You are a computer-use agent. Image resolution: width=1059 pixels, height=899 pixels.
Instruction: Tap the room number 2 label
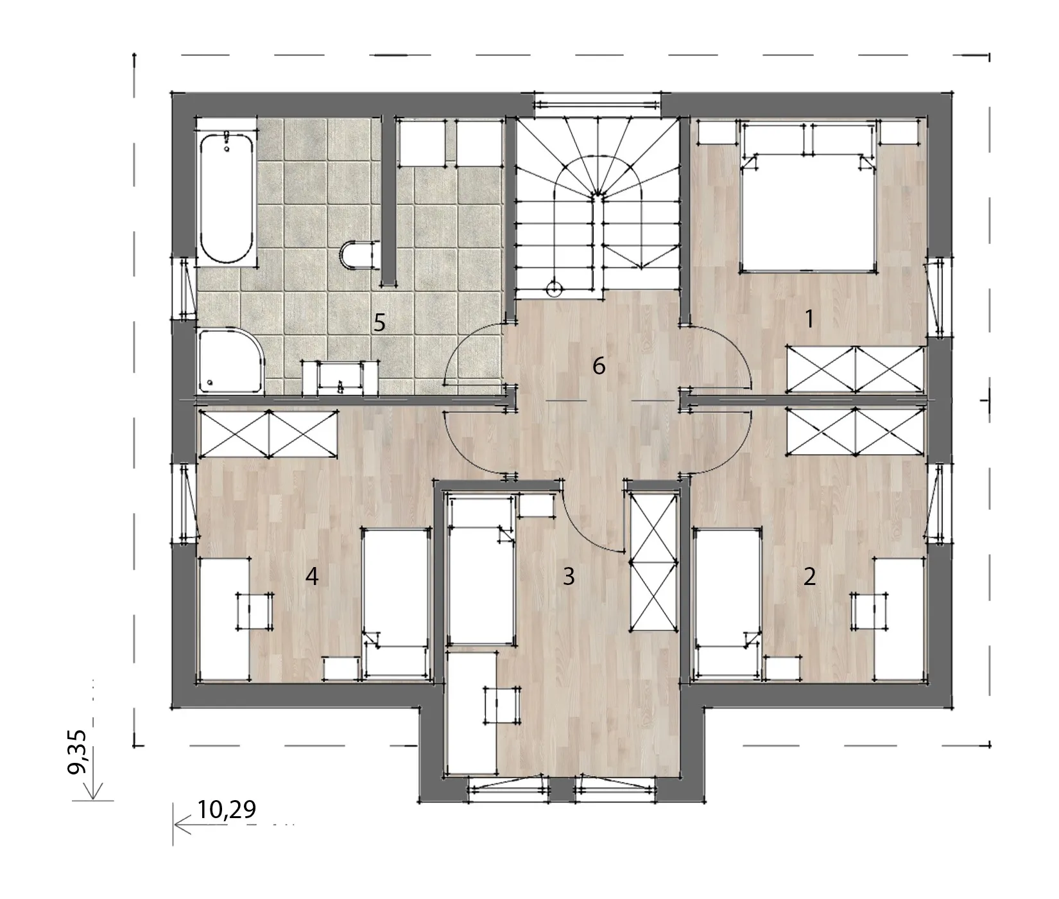tap(809, 577)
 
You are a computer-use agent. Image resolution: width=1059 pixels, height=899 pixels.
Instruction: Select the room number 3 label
tap(568, 577)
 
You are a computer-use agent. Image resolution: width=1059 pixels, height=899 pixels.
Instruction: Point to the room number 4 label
tap(312, 577)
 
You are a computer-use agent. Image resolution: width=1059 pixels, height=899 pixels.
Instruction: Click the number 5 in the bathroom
tap(380, 322)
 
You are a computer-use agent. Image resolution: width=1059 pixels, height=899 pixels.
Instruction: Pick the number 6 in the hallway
tap(598, 366)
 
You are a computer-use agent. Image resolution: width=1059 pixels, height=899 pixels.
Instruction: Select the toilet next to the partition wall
tap(357, 254)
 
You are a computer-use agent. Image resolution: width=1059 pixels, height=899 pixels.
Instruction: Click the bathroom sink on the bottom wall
tap(341, 378)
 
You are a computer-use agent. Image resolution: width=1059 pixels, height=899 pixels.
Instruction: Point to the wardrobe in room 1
tap(856, 369)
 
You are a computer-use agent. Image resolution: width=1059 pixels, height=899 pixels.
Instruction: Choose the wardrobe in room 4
tap(268, 433)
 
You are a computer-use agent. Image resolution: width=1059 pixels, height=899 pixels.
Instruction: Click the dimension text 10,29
tap(227, 810)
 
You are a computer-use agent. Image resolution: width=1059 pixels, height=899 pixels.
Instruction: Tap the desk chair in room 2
tap(870, 610)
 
